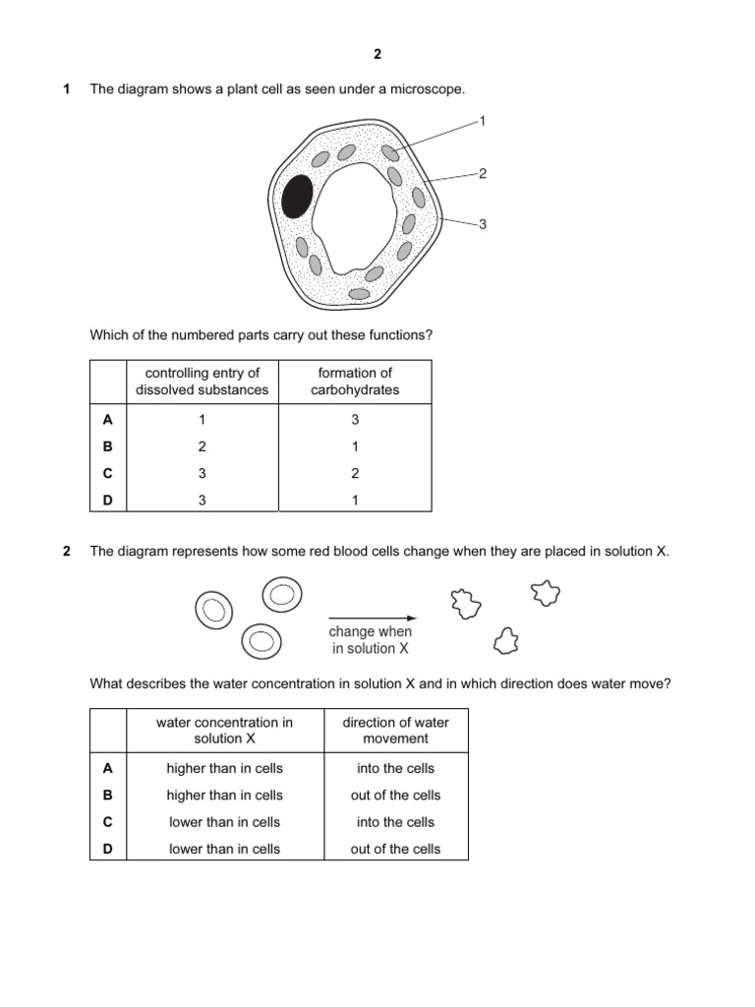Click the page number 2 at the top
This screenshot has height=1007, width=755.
377,55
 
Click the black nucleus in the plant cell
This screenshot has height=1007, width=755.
296,197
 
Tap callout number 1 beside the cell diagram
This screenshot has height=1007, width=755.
482,121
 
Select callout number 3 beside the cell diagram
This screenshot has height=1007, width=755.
482,224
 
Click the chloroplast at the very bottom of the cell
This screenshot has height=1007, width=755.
359,293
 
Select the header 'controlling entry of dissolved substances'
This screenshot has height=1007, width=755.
202,382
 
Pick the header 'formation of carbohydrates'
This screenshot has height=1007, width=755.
355,382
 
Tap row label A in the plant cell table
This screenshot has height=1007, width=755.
108,420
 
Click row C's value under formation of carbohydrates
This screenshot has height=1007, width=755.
355,473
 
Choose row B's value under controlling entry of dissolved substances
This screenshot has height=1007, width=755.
202,446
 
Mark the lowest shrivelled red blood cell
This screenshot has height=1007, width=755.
506,641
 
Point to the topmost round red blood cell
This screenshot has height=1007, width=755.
281,594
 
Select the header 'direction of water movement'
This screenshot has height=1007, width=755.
395,730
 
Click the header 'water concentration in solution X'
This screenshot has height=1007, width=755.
224,730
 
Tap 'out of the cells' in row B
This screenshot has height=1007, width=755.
395,796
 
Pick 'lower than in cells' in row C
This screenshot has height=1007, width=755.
224,822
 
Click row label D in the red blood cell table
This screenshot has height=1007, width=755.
108,849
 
